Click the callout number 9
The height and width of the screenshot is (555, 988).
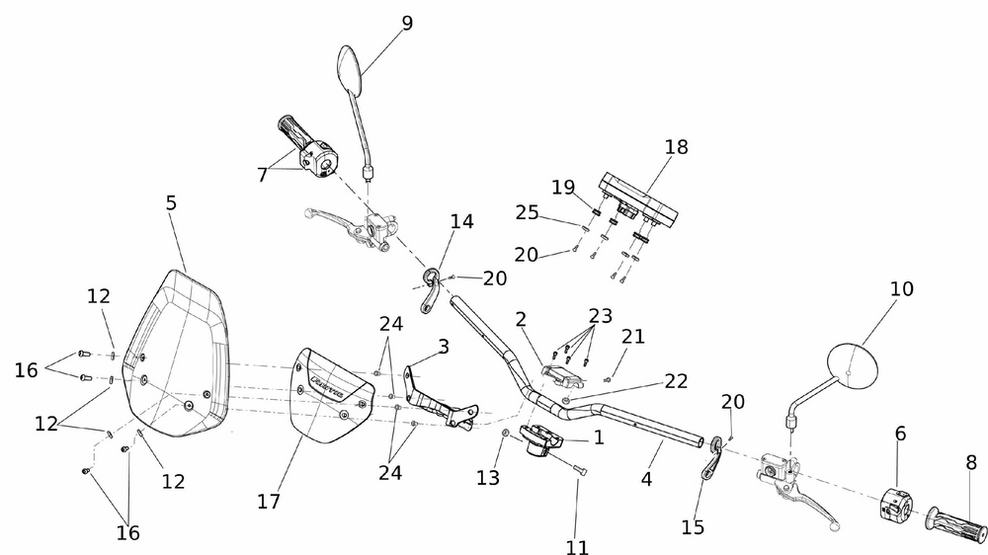[x=407, y=24]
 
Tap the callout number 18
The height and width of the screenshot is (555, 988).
[x=676, y=148]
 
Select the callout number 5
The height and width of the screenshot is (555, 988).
[x=171, y=203]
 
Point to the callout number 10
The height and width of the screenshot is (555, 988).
[x=901, y=290]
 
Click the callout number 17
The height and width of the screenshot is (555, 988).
[x=269, y=501]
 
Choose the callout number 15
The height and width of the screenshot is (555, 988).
[x=693, y=526]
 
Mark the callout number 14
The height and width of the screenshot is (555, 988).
[x=462, y=221]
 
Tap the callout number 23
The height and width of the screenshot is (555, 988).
[x=601, y=316]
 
